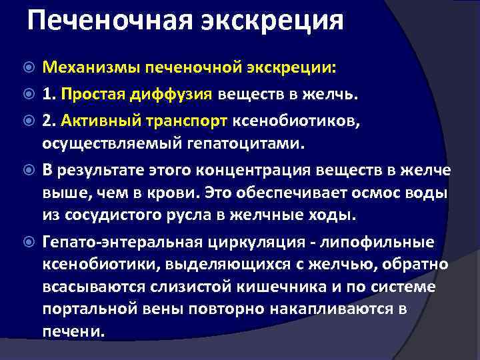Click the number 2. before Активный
[49, 121]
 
